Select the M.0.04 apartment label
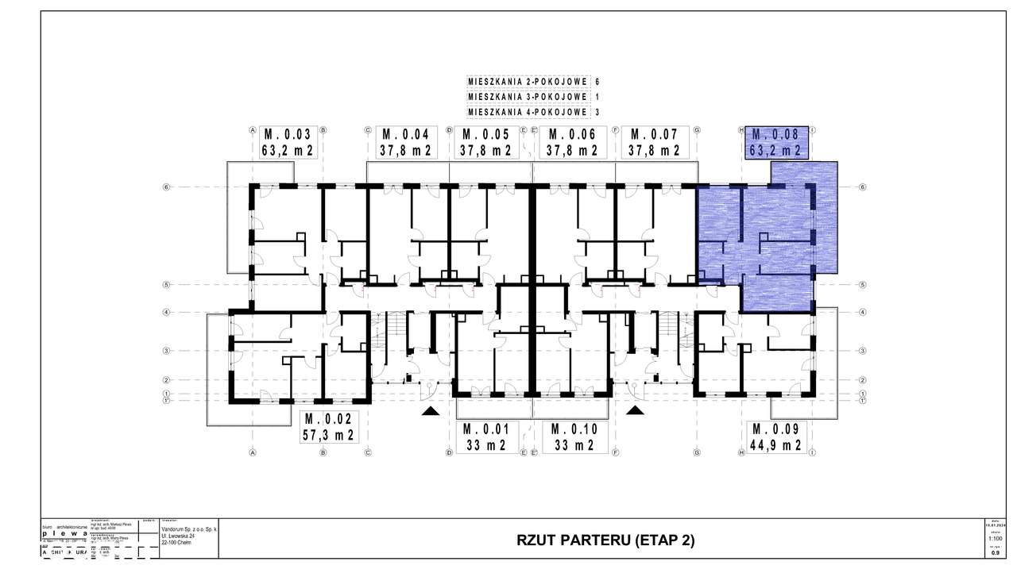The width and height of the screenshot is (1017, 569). (406, 134)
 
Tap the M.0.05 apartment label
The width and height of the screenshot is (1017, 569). (485, 134)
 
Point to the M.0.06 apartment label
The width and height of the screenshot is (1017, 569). (573, 134)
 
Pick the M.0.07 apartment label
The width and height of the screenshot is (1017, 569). (655, 134)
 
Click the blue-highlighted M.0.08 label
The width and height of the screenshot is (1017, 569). (776, 134)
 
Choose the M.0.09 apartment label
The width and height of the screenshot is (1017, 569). (776, 429)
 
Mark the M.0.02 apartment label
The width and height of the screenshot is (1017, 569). (327, 419)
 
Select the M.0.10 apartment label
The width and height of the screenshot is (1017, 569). (573, 429)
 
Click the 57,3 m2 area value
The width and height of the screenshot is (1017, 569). (327, 435)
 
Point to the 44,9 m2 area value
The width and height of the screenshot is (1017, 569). (776, 444)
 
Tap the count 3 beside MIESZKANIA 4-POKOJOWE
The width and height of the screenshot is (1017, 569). (597, 112)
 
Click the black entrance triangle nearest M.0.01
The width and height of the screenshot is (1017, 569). (430, 411)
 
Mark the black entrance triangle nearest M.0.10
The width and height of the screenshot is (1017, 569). (636, 411)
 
